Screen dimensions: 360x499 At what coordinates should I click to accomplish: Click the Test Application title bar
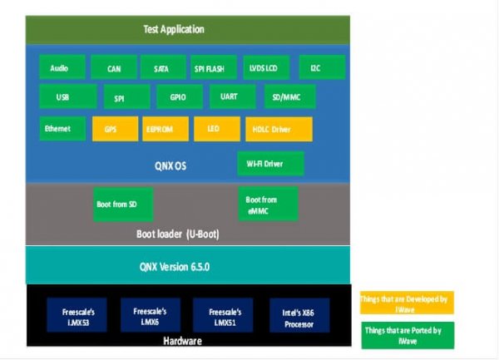[175, 30]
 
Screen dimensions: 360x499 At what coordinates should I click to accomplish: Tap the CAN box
[114, 69]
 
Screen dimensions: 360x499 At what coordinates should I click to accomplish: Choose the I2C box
[315, 68]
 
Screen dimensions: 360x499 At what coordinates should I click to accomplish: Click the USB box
[63, 97]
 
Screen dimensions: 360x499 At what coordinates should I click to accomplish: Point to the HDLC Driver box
[279, 130]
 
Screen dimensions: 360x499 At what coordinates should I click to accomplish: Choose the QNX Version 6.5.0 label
[176, 266]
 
